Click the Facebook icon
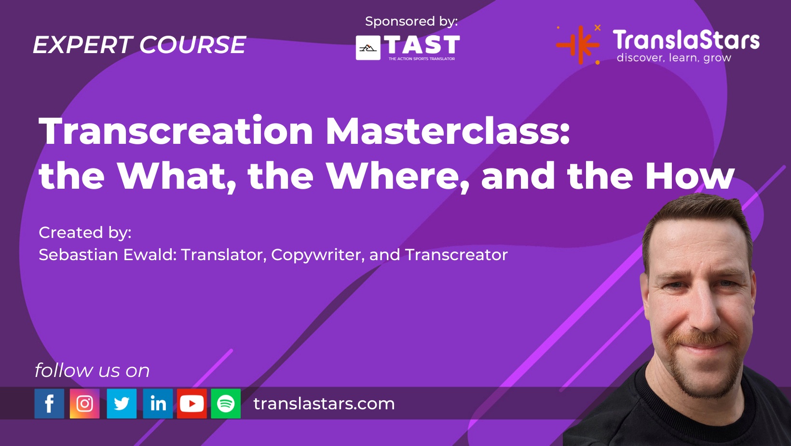pos(49,404)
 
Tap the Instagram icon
pos(85,404)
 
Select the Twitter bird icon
pos(122,404)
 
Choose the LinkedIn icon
pos(158,404)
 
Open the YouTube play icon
pos(192,404)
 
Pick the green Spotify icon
pos(226,404)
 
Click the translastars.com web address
pos(324,404)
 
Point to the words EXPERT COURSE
pos(139,45)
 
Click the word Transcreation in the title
pos(176,131)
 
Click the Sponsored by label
pos(411,21)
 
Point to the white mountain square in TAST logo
pos(368,48)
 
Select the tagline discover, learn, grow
pos(674,58)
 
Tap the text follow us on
pos(92,370)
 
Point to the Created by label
pos(85,232)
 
